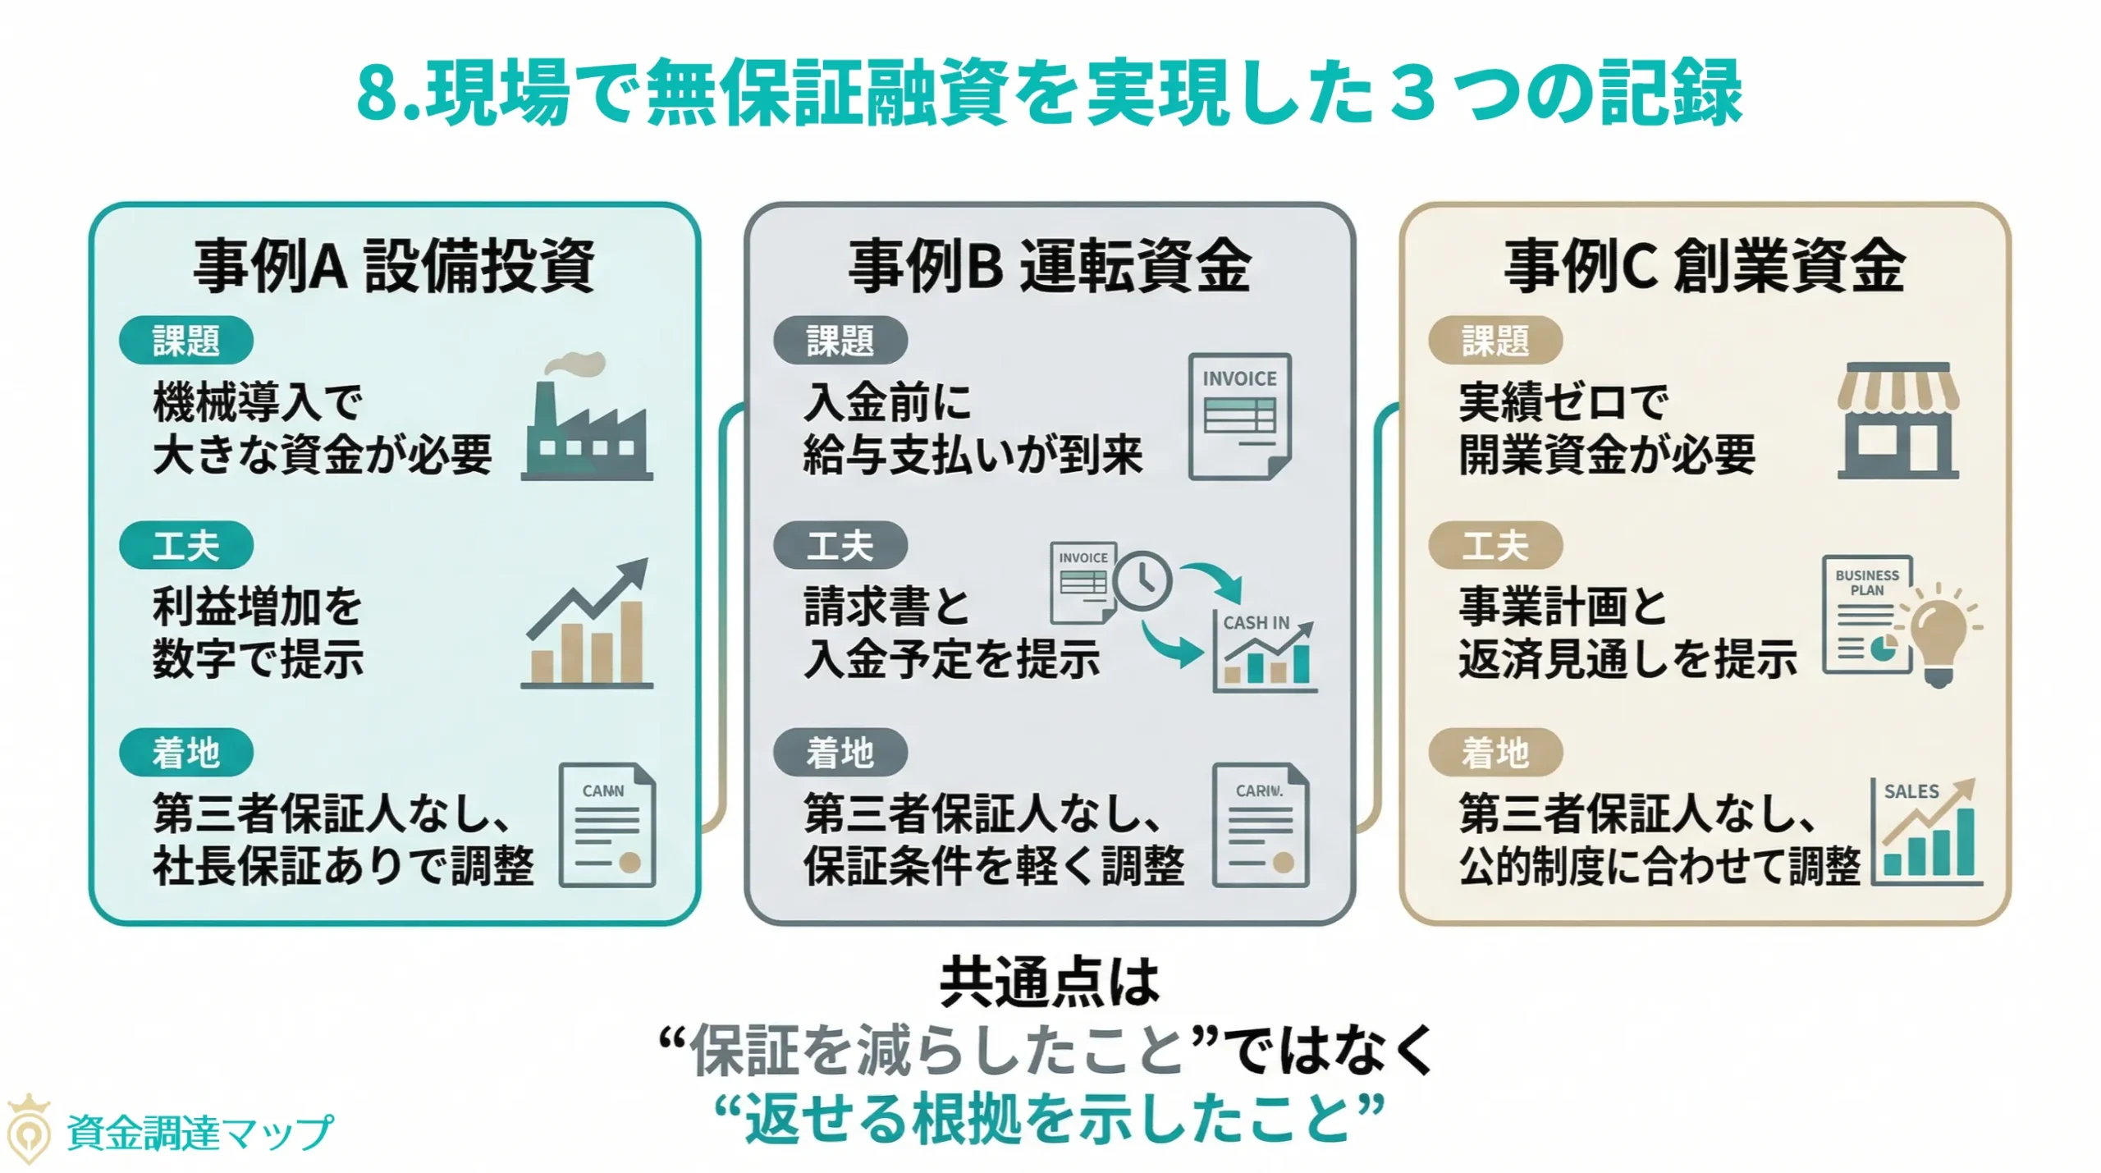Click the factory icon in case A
587,423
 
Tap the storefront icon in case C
1897,420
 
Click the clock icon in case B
1142,580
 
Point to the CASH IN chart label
1256,623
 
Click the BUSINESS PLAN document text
1867,582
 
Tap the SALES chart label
1911,791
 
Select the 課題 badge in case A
185,340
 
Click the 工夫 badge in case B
840,546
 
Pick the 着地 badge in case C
1495,752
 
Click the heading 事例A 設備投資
394,266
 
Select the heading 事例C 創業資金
1704,266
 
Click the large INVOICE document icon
1239,416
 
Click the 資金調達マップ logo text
199,1133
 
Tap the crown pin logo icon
28,1129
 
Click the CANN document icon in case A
606,825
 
